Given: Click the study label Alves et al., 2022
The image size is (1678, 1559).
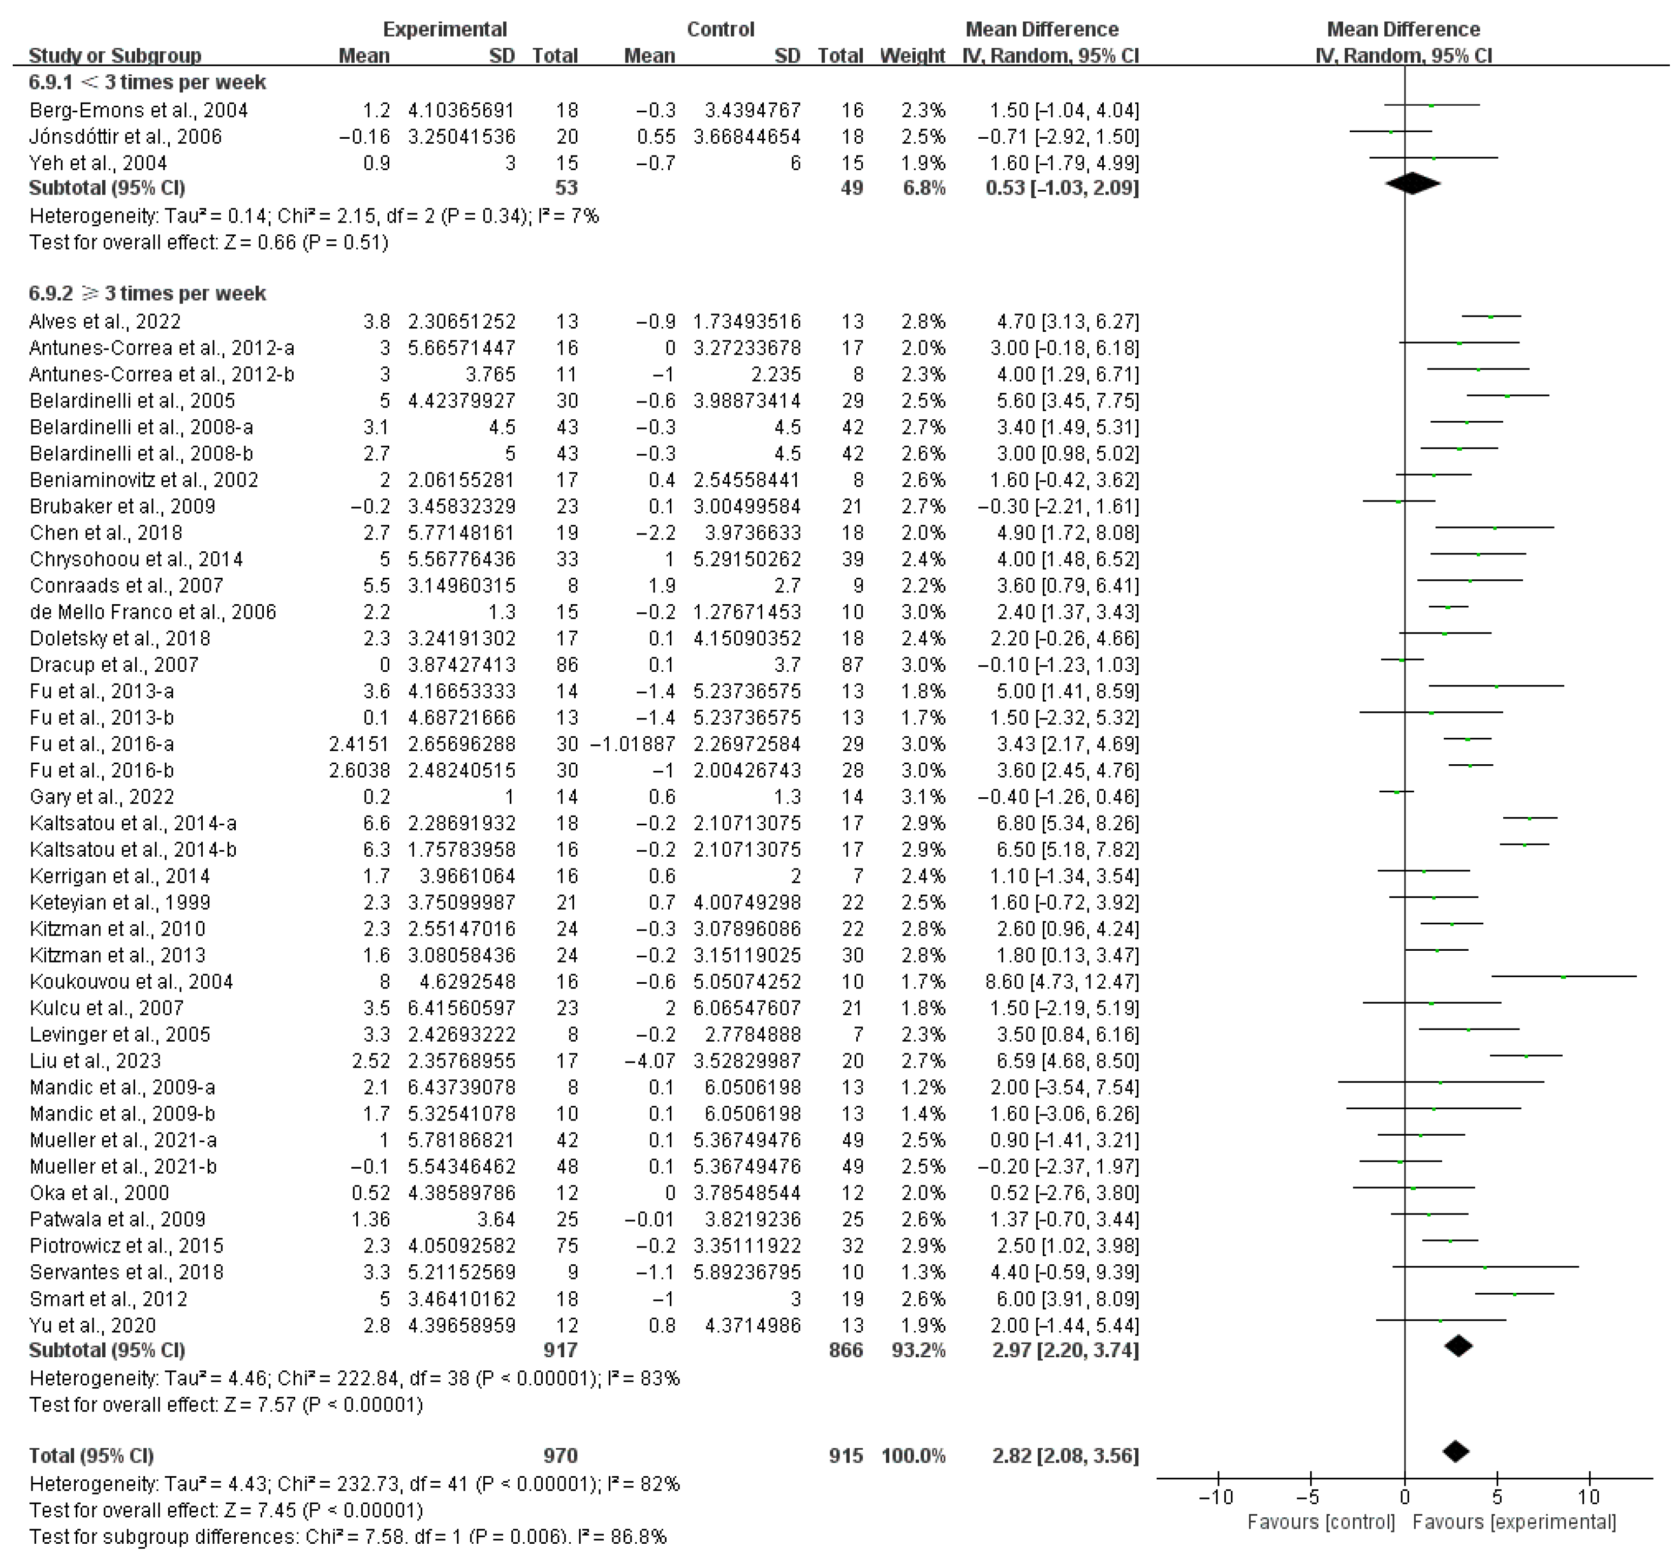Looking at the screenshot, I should pyautogui.click(x=105, y=322).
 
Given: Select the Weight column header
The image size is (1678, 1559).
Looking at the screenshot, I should pyautogui.click(x=912, y=56).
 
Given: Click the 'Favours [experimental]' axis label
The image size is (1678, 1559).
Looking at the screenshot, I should pyautogui.click(x=1514, y=1522).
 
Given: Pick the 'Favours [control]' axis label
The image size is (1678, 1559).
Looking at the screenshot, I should pyautogui.click(x=1321, y=1522).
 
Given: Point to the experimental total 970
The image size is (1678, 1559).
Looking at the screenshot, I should pyautogui.click(x=560, y=1455).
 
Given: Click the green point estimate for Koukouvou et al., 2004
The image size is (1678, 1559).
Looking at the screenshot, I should pyautogui.click(x=1563, y=977).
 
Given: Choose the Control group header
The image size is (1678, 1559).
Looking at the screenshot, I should pyautogui.click(x=721, y=29).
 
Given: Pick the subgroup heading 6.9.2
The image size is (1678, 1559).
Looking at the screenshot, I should pyautogui.click(x=148, y=294).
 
